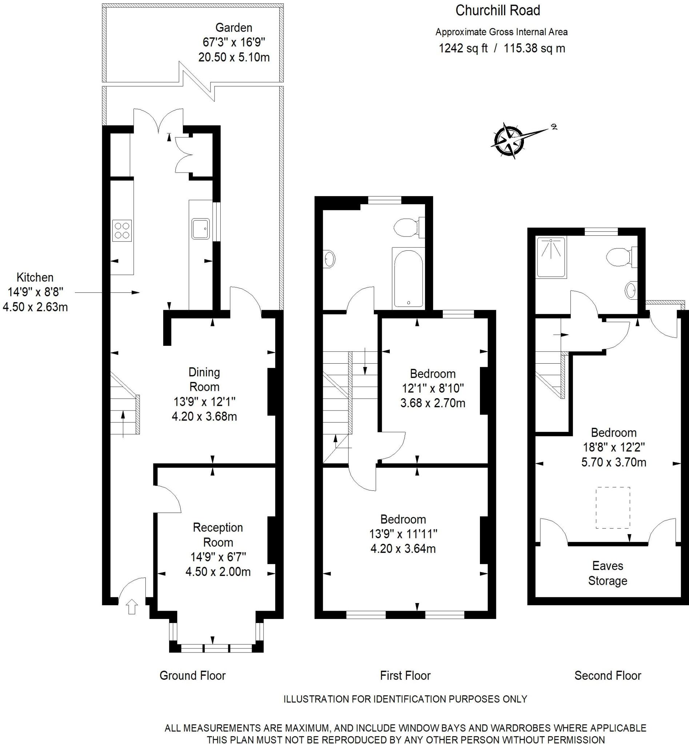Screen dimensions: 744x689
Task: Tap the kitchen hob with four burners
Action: (x=122, y=231)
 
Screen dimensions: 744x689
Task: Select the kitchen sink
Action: (x=201, y=229)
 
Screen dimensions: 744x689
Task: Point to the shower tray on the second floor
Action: (x=551, y=258)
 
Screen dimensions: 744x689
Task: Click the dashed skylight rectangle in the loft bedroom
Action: (x=613, y=508)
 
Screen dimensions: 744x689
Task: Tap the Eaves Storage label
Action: (x=607, y=573)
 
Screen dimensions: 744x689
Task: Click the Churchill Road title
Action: (x=497, y=11)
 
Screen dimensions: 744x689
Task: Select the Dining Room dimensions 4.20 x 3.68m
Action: (x=204, y=416)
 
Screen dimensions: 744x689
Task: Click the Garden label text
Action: (x=234, y=28)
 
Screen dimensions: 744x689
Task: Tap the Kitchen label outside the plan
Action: (x=35, y=277)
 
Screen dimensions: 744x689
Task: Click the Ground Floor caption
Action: (x=192, y=675)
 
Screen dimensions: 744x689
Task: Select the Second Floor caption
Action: (x=607, y=675)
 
